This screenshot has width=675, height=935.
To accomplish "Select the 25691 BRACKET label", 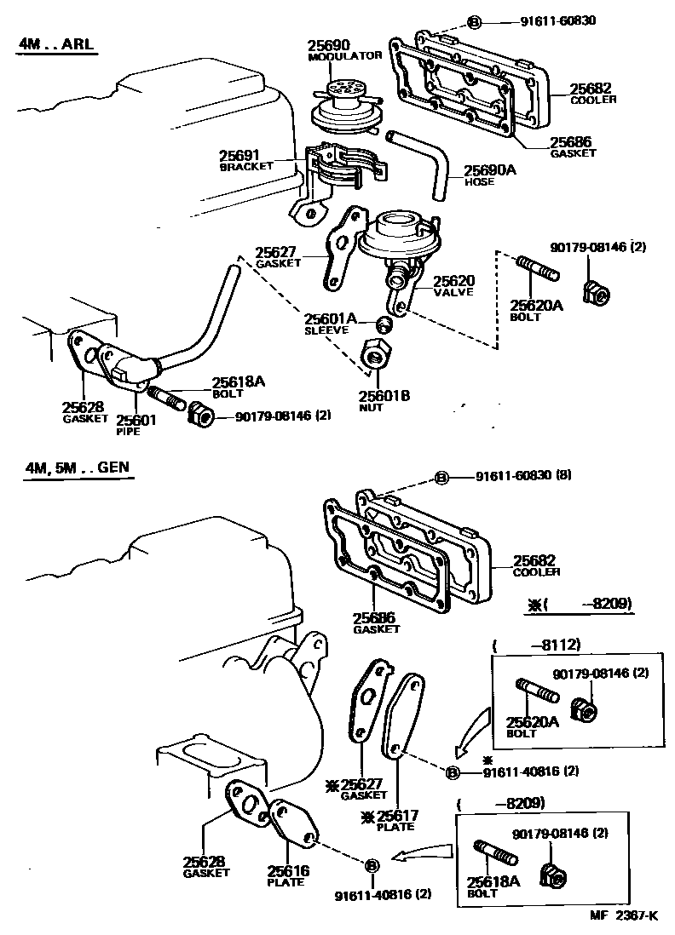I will point(245,161).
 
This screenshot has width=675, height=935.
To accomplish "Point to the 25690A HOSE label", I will point(489,175).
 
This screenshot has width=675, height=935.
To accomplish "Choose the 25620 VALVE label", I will point(453,285).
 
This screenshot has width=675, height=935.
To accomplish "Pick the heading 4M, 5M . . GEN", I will point(78,467).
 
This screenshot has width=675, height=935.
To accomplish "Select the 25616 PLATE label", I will point(287,875).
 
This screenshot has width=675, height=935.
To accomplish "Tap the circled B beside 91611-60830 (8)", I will point(441,478).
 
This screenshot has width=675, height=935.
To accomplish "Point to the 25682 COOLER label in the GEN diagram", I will point(535,565).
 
